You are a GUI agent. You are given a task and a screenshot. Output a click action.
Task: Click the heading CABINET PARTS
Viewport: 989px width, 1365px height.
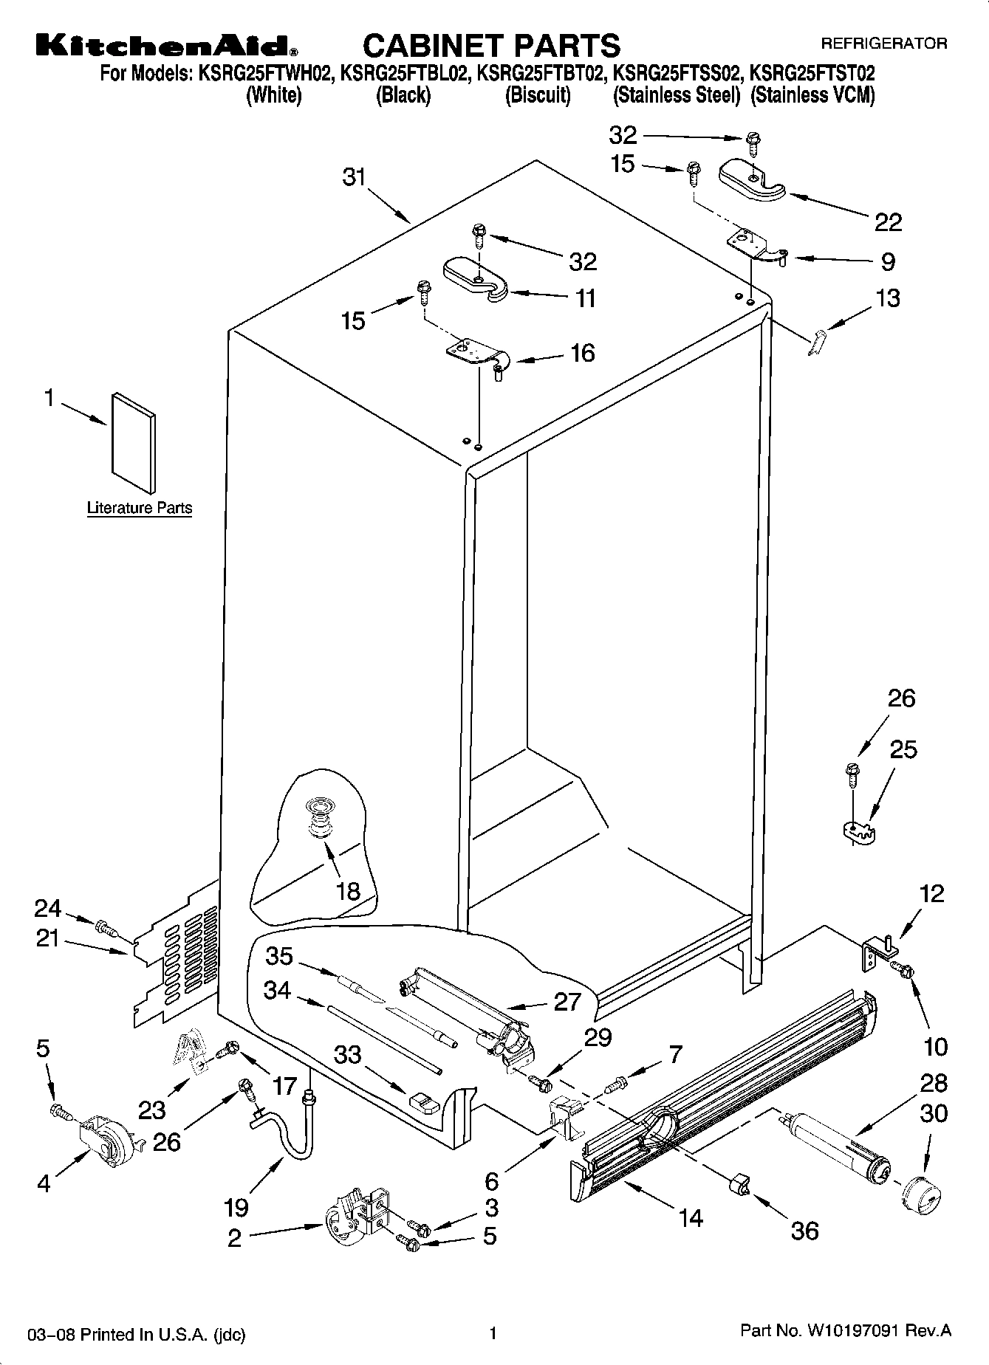click(491, 46)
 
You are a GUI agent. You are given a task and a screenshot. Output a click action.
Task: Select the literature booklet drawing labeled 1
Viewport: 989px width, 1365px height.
click(134, 443)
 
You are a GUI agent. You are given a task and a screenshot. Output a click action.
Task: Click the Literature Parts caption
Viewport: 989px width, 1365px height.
click(139, 508)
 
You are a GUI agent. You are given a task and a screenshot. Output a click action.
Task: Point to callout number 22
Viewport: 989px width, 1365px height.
click(888, 222)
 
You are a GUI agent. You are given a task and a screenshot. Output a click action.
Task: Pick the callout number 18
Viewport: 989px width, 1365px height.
click(348, 890)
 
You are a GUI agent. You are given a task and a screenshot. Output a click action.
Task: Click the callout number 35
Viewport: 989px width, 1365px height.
click(280, 956)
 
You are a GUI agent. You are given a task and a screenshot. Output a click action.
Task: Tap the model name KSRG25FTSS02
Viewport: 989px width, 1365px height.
click(676, 74)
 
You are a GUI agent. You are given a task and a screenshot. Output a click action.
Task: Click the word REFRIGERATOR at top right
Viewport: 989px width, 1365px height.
click(883, 44)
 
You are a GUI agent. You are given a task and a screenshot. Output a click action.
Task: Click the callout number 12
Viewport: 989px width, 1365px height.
click(932, 894)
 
